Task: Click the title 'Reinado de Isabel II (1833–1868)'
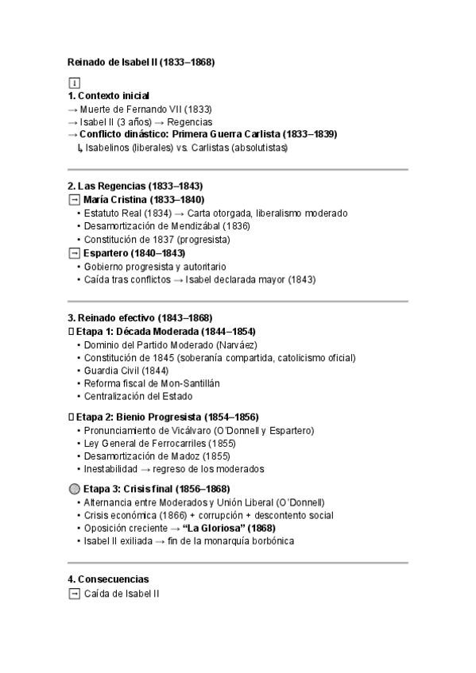tap(141, 61)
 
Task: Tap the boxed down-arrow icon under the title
tap(74, 83)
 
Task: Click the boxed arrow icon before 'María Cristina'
tap(74, 200)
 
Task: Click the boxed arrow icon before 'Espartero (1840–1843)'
tap(74, 253)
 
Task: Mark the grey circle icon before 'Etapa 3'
tap(75, 489)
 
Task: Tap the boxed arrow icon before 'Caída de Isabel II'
tap(74, 593)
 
